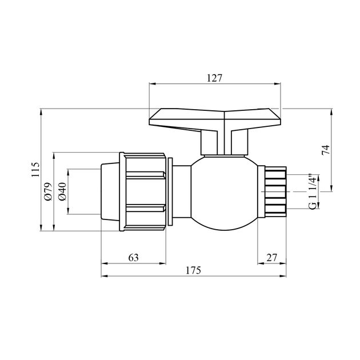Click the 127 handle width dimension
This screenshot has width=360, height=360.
point(215,78)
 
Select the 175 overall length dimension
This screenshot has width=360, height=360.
point(193,270)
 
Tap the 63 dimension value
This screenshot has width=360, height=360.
point(133,258)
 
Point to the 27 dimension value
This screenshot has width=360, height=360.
point(272,257)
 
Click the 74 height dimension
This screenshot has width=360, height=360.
point(326,150)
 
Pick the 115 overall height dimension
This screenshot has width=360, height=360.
point(35,170)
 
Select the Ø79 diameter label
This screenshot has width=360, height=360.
point(48,192)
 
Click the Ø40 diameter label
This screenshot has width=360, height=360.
point(62,191)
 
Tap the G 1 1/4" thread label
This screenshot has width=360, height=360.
point(313,191)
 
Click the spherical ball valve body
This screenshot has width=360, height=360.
point(225,193)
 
